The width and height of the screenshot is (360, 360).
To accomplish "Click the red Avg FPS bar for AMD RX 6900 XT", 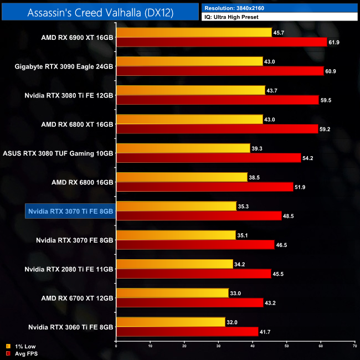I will (222, 42).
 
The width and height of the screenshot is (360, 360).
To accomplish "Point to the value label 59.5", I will (327, 100).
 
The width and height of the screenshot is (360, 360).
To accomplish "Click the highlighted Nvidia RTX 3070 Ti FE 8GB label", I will (70, 211).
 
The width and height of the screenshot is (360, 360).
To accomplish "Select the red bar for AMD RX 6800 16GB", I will (204, 187).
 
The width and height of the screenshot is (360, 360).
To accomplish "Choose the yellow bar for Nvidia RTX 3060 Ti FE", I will (171, 321).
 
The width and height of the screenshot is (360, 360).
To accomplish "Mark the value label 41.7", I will (266, 332).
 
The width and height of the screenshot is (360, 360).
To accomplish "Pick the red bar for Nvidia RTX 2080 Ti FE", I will (193, 274).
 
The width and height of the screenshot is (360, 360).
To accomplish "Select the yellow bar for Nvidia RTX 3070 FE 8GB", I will (176, 235).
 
